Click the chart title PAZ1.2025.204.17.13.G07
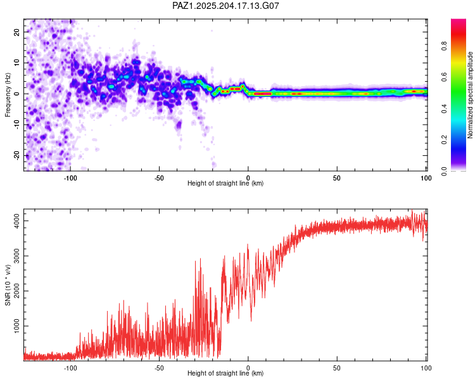pos(225,6)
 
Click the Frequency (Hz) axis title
pos(8,95)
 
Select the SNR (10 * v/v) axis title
pos(8,285)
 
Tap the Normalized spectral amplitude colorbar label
pos(470,95)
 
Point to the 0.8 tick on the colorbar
pos(445,46)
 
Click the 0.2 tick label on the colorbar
pos(445,140)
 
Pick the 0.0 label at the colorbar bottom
pos(445,171)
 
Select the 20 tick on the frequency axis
pos(16,32)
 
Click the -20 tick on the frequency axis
pos(16,155)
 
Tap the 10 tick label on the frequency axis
pos(16,63)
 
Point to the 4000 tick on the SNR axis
pos(16,221)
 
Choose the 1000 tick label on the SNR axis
pos(16,326)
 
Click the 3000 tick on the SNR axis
pos(16,256)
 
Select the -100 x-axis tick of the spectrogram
pos(70,178)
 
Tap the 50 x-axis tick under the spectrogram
pos(337,178)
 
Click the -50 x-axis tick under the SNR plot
pos(159,368)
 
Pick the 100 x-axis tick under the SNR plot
pos(426,368)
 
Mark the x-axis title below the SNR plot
pos(225,373)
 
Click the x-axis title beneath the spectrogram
pos(225,183)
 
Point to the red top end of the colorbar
pos(459,20)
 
